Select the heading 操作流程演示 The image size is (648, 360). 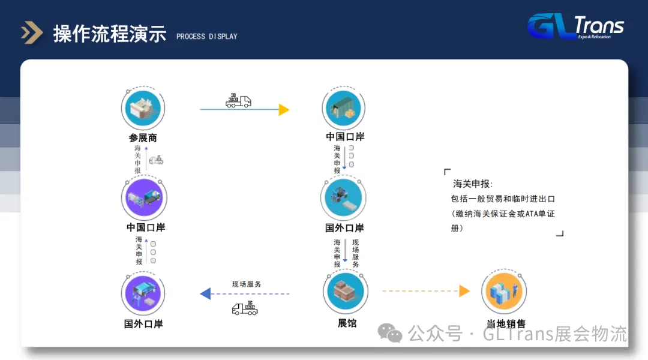(x=110, y=34)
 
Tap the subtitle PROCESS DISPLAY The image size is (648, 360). (x=207, y=37)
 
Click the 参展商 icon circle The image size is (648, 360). (x=143, y=109)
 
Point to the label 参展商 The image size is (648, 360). (x=143, y=137)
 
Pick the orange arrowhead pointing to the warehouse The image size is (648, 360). (x=284, y=110)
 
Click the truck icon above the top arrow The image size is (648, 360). (x=238, y=101)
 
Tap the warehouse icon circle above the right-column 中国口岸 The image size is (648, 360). (x=344, y=109)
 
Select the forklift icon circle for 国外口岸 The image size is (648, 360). (x=344, y=199)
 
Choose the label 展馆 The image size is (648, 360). (x=347, y=323)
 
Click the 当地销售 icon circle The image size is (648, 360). (x=504, y=292)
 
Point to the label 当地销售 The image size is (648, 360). (x=505, y=324)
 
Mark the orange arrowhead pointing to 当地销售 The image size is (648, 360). (x=464, y=291)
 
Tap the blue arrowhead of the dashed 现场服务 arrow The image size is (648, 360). (x=205, y=293)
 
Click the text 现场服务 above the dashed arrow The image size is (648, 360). (x=247, y=284)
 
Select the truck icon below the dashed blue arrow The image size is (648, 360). (x=245, y=308)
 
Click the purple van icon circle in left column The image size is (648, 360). (x=144, y=199)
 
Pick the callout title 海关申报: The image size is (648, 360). (x=473, y=184)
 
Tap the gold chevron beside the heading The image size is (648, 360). (x=32, y=33)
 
